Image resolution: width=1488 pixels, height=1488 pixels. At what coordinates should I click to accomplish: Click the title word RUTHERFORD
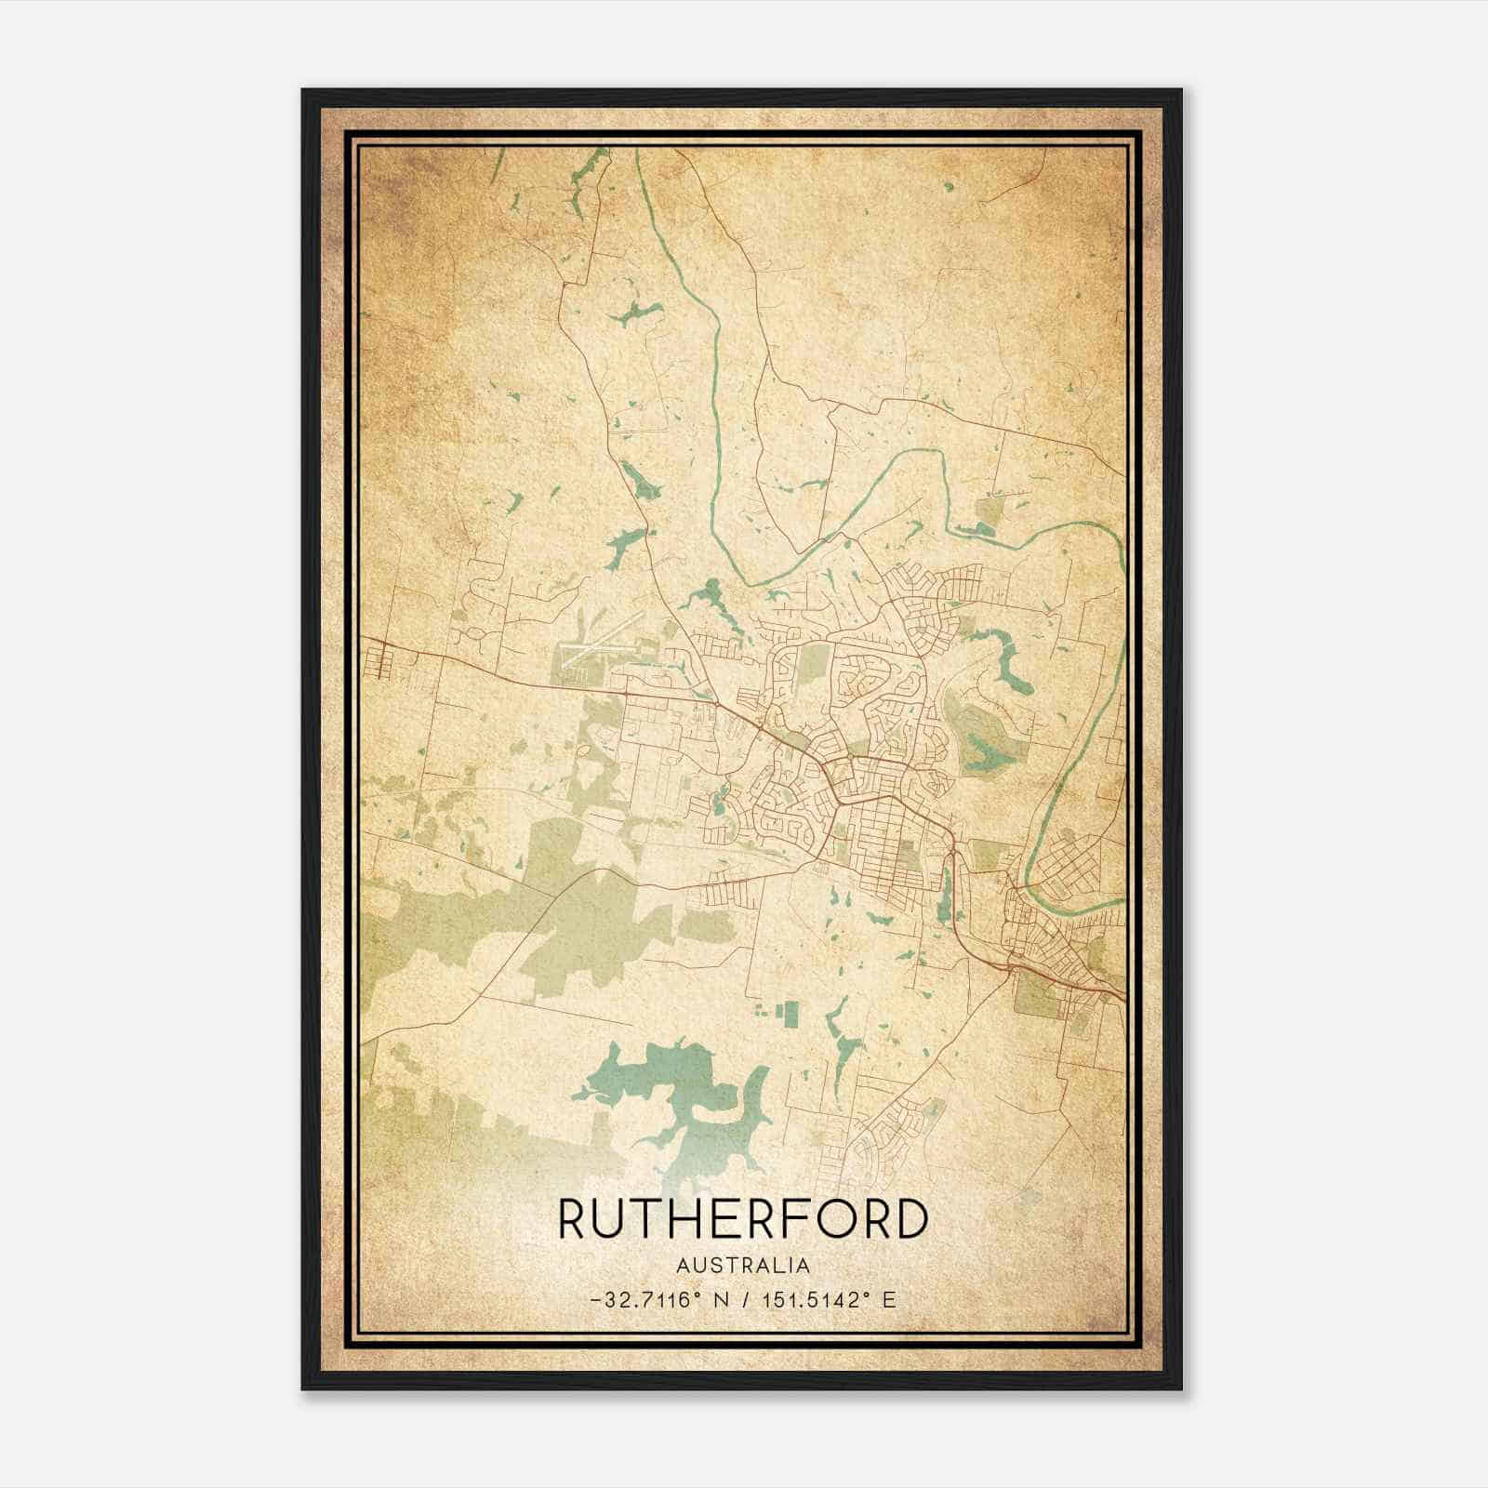[743, 1218]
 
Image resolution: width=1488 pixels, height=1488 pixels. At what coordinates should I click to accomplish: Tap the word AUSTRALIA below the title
[743, 1266]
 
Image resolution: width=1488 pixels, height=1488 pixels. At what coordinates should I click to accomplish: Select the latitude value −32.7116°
[643, 1300]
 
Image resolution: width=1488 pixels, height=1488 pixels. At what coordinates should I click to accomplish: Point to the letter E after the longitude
[890, 1300]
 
